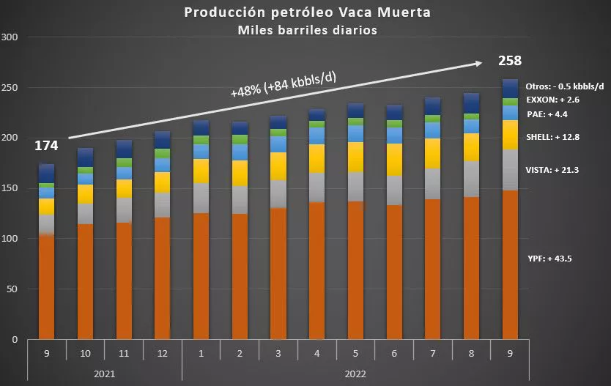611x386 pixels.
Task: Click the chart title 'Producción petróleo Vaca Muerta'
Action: [x=305, y=12]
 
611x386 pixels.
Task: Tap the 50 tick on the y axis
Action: [x=12, y=290]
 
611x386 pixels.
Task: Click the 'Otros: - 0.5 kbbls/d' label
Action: [x=564, y=86]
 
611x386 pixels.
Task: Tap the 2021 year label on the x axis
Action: [x=105, y=374]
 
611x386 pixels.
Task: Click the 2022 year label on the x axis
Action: [x=355, y=374]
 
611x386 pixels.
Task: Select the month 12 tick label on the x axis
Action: [x=163, y=354]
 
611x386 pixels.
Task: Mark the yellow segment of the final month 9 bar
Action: [x=510, y=135]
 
